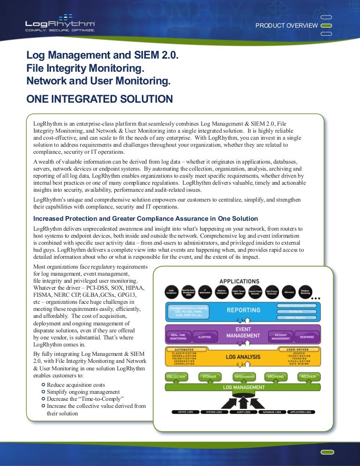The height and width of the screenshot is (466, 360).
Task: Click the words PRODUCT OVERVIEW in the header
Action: coord(286,25)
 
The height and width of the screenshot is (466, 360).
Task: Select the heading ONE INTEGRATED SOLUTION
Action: coord(100,99)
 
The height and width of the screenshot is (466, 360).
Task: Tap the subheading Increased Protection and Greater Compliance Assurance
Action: coord(146,218)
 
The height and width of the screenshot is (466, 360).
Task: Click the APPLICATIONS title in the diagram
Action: coord(239,281)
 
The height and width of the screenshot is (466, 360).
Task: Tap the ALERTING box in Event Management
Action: coord(204,337)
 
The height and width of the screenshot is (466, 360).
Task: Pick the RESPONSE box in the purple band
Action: coord(307,337)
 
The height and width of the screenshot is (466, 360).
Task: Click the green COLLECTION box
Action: coord(176,376)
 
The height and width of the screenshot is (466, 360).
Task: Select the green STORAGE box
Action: coord(210,376)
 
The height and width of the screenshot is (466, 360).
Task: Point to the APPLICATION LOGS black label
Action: coord(300,412)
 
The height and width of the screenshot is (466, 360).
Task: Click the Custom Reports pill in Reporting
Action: coord(296,317)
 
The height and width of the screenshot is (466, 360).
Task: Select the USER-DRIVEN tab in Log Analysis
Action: coord(297,349)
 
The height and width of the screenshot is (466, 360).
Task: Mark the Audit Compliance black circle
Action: coord(172,292)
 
